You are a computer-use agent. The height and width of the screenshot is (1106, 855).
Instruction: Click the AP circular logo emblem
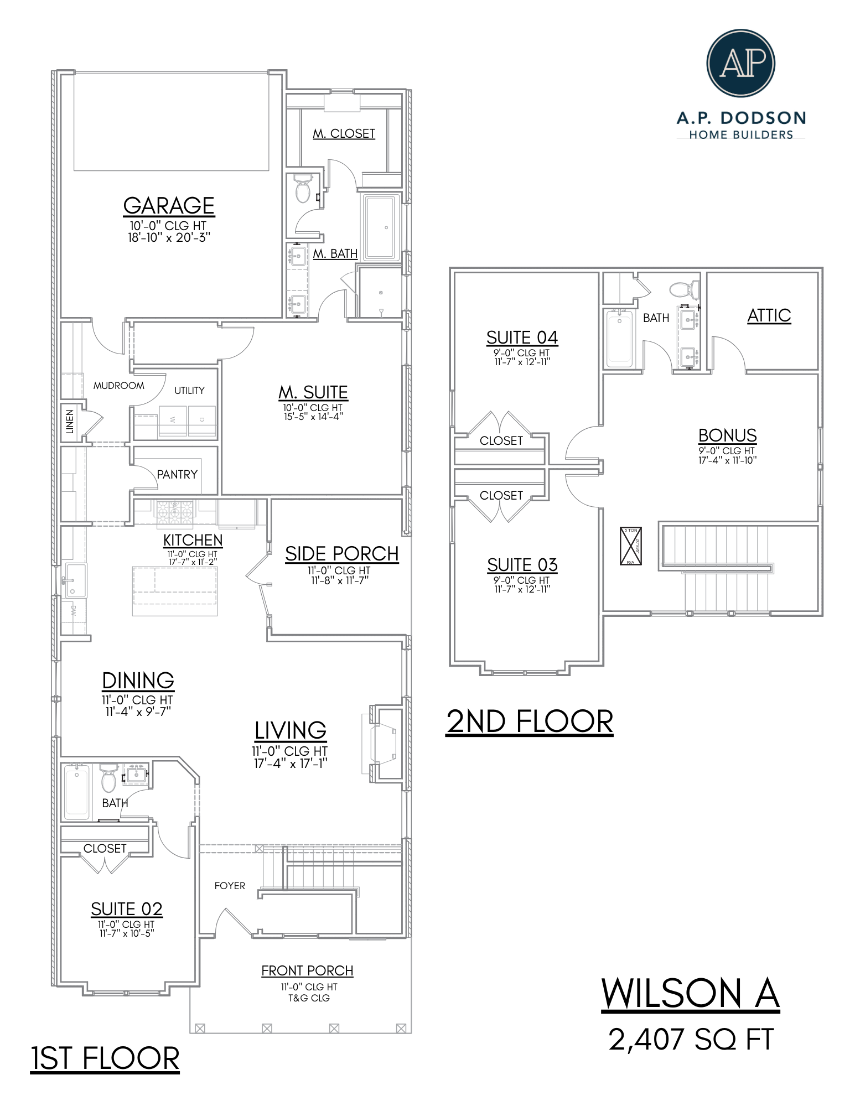pyautogui.click(x=740, y=63)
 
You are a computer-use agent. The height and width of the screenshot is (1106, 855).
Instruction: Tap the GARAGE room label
pyautogui.click(x=169, y=206)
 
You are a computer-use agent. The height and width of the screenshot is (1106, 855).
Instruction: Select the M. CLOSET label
pyautogui.click(x=344, y=134)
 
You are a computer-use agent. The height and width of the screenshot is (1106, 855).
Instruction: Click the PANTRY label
pyautogui.click(x=177, y=475)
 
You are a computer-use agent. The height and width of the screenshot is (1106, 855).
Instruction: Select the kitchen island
pyautogui.click(x=175, y=591)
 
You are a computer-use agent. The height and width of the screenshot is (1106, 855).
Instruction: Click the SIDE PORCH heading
pyautogui.click(x=341, y=554)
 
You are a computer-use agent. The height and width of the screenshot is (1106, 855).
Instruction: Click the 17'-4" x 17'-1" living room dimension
pyautogui.click(x=291, y=764)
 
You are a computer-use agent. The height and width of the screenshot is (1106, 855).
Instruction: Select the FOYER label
pyautogui.click(x=230, y=886)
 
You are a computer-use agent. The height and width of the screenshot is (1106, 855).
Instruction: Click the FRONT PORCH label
pyautogui.click(x=307, y=971)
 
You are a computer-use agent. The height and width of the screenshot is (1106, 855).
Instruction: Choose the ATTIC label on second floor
pyautogui.click(x=769, y=315)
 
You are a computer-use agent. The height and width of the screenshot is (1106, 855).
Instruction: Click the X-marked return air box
pyautogui.click(x=630, y=546)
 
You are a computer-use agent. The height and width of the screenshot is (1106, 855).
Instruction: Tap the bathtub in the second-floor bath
pyautogui.click(x=619, y=338)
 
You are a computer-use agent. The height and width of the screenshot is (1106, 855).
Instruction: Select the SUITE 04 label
pyautogui.click(x=522, y=337)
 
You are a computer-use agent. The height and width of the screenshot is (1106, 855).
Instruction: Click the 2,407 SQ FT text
pyautogui.click(x=691, y=1039)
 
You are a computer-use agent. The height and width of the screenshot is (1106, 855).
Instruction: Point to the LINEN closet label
pyautogui.click(x=70, y=422)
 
